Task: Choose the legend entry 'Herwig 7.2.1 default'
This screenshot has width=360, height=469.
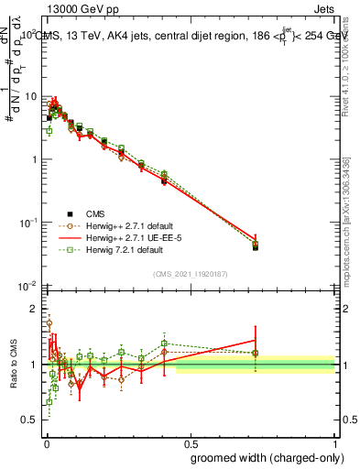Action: (x=129, y=249)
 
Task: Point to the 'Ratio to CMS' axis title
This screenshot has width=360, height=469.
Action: (x=13, y=365)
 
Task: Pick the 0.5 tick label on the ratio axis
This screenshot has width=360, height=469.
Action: (x=30, y=420)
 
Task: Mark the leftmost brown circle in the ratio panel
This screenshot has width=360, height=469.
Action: (x=49, y=322)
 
